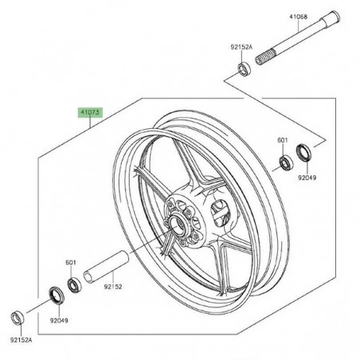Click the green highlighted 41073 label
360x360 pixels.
pos(90,112)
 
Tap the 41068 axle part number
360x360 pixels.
pos(299,17)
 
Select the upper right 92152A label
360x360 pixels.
pos(241,47)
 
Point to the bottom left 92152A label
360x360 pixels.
pos(21,340)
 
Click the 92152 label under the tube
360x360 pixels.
pos(113,287)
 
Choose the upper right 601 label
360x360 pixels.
pos(283,140)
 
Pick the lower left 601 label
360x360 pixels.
pos(71,262)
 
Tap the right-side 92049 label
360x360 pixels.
pos(307,178)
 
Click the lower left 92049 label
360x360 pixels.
pos(59,320)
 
